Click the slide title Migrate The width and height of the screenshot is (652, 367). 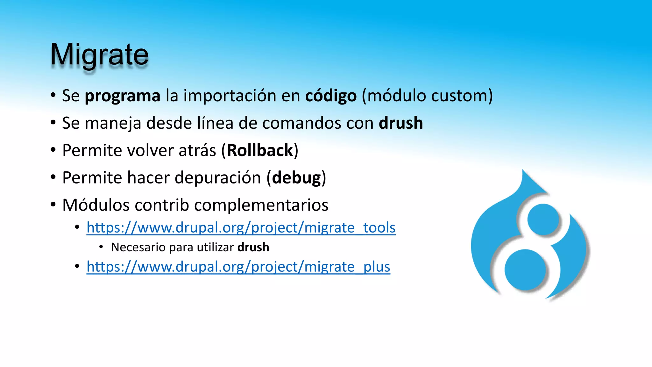pos(99,55)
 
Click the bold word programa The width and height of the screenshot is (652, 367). pos(122,96)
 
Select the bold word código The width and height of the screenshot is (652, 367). pos(331,96)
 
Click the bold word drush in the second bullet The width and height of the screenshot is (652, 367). pos(400,123)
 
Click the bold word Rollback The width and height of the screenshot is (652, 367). pos(260,150)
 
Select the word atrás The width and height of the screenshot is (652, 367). pos(197,150)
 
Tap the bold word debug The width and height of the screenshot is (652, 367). pos(296,178)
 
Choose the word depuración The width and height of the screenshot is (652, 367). pos(218,178)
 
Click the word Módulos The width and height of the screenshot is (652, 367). pos(96,205)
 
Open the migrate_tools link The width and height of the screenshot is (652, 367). pos(241,228)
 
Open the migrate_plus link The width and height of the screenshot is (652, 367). pos(238,267)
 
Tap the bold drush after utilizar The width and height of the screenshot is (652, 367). pos(253,247)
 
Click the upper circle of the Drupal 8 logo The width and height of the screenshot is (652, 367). pos(543,219)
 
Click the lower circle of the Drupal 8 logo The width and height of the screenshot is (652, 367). pos(525,270)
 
